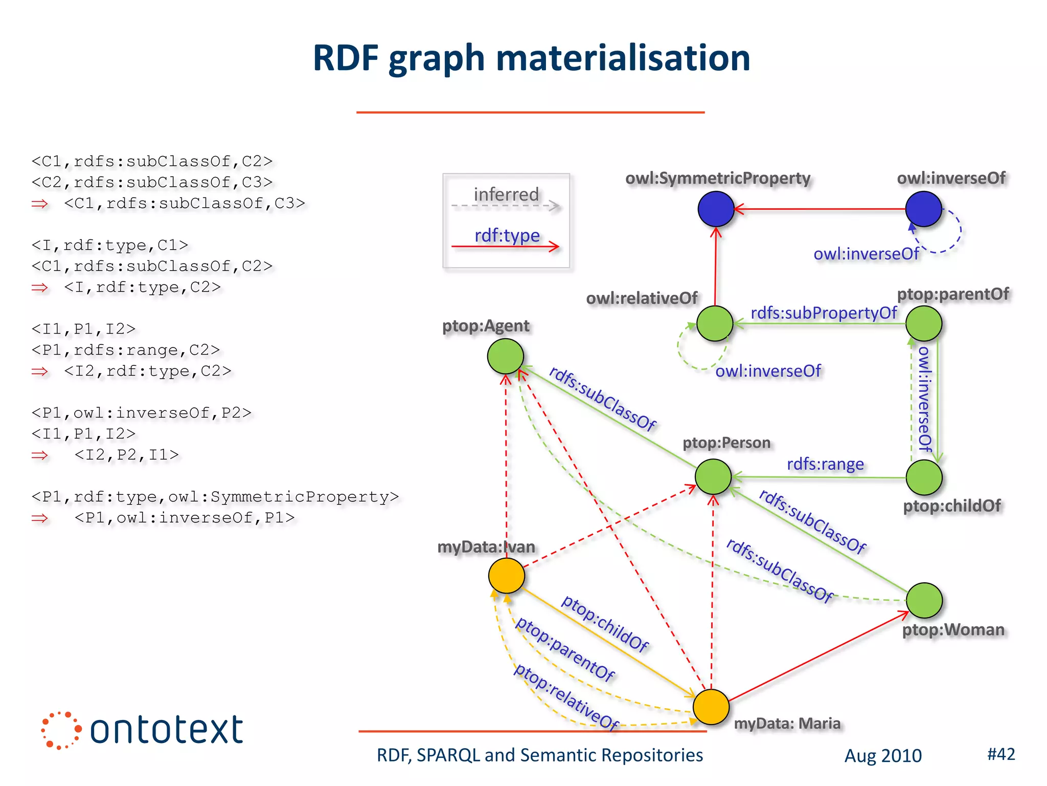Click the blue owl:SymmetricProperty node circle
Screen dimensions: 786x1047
(716, 209)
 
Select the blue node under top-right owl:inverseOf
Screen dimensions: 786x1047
(923, 209)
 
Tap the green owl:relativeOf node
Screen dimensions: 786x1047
(715, 323)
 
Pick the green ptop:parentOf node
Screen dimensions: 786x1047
(923, 323)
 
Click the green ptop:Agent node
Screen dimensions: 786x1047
(505, 356)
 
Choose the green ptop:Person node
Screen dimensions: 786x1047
(713, 476)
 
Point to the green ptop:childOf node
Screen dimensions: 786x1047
(924, 477)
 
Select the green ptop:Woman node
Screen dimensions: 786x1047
(924, 600)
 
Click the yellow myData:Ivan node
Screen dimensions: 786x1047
(506, 576)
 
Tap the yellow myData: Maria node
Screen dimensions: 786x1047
(711, 707)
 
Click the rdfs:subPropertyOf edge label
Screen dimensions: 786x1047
(823, 313)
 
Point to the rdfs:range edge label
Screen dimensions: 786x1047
(825, 464)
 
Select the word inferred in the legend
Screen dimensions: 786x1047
(506, 194)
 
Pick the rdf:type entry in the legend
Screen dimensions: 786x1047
(507, 235)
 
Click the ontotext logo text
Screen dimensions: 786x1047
(166, 730)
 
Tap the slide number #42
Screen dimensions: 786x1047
(1000, 754)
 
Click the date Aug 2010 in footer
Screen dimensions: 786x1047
(882, 756)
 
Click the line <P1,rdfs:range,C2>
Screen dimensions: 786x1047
(125, 350)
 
